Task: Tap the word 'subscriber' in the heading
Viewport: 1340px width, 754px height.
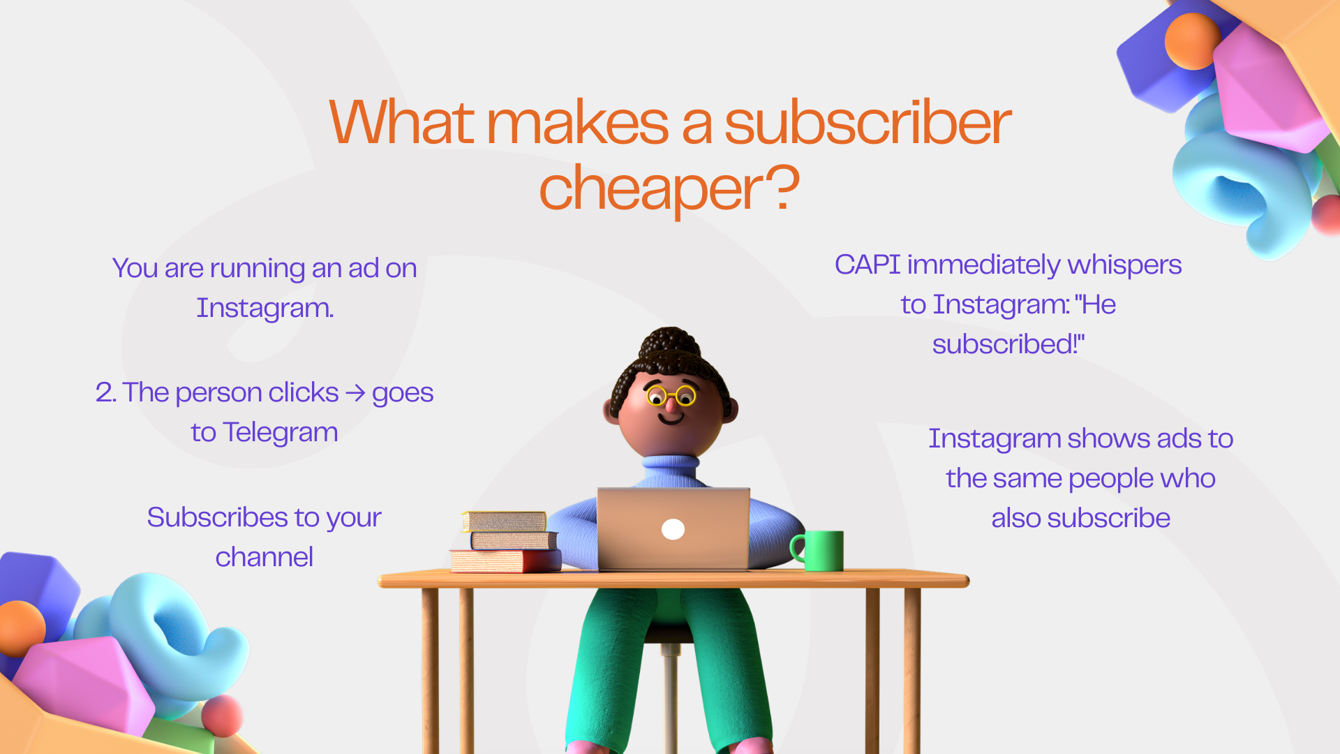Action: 868,123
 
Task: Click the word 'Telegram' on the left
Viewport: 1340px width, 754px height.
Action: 281,434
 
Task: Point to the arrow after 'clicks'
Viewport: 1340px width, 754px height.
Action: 355,393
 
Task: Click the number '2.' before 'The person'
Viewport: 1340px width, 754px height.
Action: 106,393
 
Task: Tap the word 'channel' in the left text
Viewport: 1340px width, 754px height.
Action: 265,557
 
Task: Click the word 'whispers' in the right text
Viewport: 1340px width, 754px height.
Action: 1124,266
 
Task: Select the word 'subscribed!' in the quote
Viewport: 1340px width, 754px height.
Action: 1008,344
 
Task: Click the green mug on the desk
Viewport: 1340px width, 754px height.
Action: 818,551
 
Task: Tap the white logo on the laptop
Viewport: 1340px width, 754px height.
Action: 673,530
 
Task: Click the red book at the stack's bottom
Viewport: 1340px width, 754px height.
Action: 505,561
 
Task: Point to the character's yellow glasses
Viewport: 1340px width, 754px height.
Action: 671,396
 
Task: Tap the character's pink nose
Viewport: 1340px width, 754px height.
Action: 671,404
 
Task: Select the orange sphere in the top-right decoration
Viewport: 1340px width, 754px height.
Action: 1193,41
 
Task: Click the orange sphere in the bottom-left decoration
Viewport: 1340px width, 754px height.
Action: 21,628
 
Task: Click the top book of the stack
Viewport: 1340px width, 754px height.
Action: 504,522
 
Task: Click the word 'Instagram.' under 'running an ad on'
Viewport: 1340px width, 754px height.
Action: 265,309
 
